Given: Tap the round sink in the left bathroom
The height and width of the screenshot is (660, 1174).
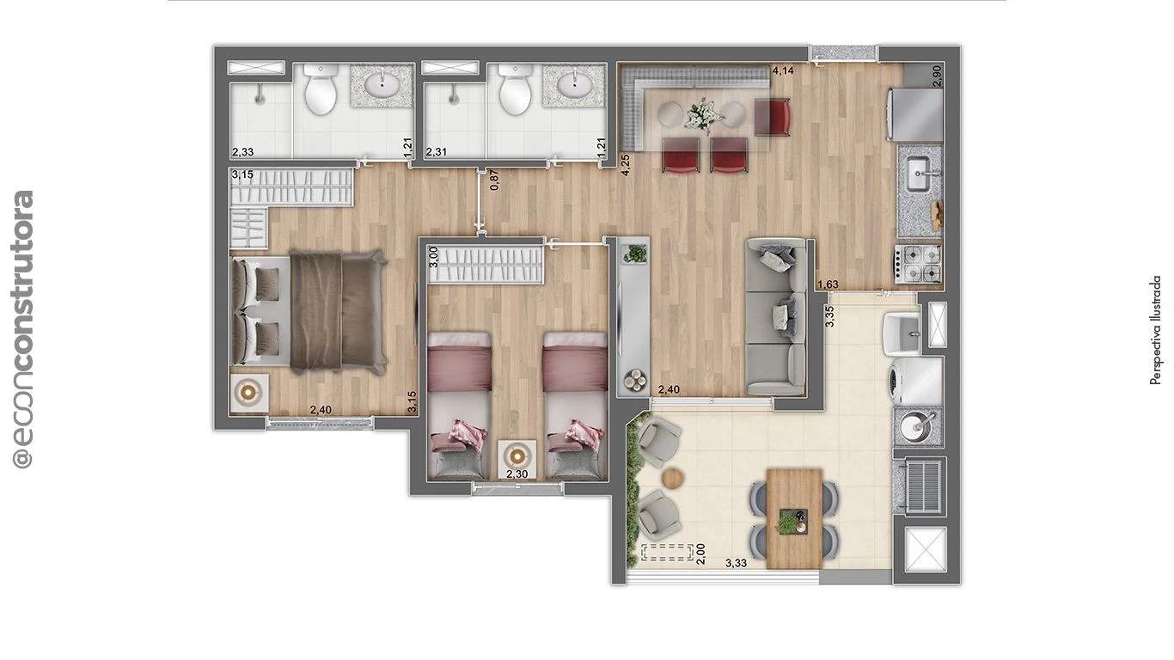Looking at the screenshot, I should (380, 85).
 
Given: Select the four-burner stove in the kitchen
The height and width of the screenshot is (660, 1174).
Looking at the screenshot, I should (919, 262).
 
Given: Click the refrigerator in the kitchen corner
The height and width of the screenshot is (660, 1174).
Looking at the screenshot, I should (920, 113).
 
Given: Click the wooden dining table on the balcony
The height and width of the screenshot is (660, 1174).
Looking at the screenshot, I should (794, 517).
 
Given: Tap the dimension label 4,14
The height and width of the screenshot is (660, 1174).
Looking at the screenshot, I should (782, 70).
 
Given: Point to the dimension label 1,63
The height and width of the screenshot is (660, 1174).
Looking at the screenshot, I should (828, 284).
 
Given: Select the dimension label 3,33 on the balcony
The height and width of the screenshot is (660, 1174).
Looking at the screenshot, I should (736, 564).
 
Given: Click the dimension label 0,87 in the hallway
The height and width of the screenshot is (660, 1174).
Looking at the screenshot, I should (493, 180).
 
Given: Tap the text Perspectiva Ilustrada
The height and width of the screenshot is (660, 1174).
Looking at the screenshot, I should (1156, 329).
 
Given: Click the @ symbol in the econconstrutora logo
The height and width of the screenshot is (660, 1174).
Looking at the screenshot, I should (23, 456).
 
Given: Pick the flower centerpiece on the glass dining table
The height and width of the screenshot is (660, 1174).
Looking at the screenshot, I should (705, 112).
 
